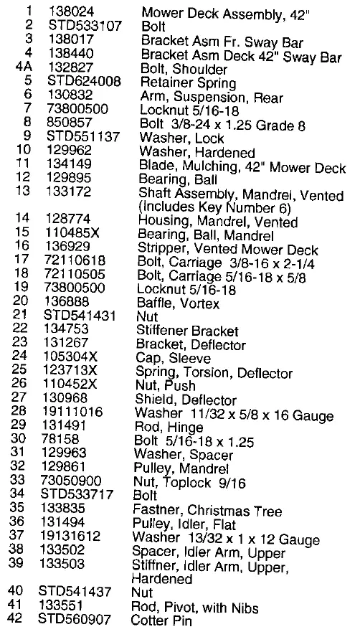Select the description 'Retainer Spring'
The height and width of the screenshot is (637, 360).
pyautogui.click(x=179, y=82)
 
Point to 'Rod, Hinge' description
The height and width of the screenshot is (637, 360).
pyautogui.click(x=164, y=428)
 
